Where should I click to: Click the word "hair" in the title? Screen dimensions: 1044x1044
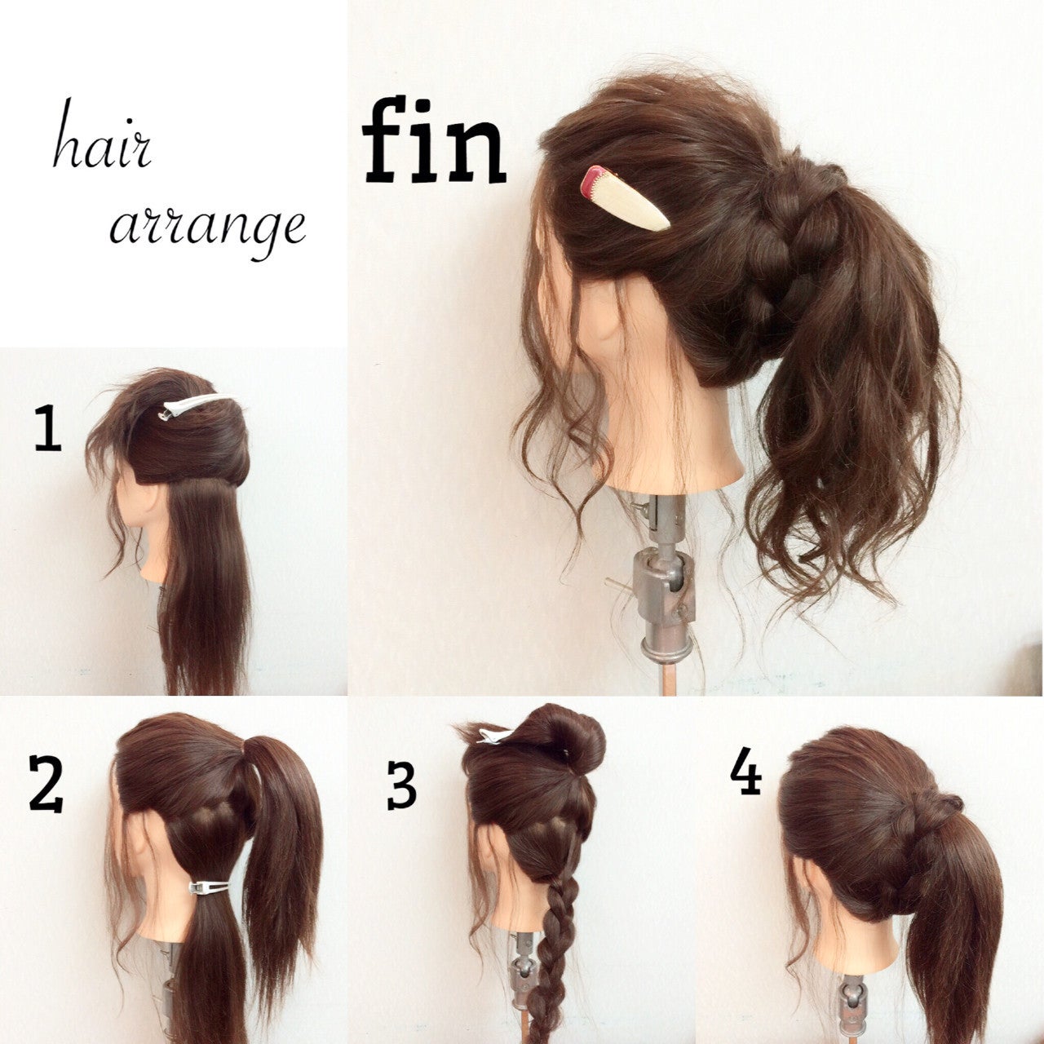[102, 136]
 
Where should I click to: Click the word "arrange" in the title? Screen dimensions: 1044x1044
[208, 230]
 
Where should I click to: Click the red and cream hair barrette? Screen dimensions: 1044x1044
[624, 198]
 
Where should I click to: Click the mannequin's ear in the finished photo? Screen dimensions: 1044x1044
[604, 325]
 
